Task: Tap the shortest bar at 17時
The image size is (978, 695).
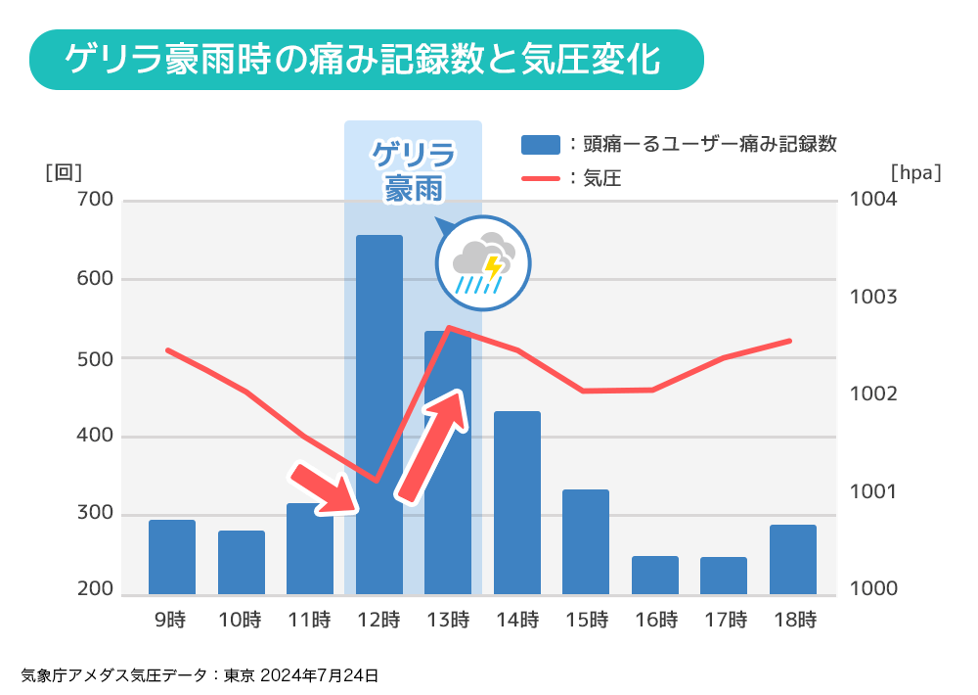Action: (x=724, y=576)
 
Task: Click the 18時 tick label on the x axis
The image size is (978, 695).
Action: (x=793, y=620)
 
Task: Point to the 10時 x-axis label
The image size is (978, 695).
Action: (x=241, y=620)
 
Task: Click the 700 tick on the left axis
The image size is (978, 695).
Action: (x=94, y=200)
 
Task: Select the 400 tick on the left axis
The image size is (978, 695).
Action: (x=94, y=436)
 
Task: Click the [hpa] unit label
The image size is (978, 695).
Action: (x=916, y=172)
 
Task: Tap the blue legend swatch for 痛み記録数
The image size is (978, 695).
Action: (x=541, y=144)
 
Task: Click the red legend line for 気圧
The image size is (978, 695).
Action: (x=541, y=178)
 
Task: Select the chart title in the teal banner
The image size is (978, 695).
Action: (x=362, y=60)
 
